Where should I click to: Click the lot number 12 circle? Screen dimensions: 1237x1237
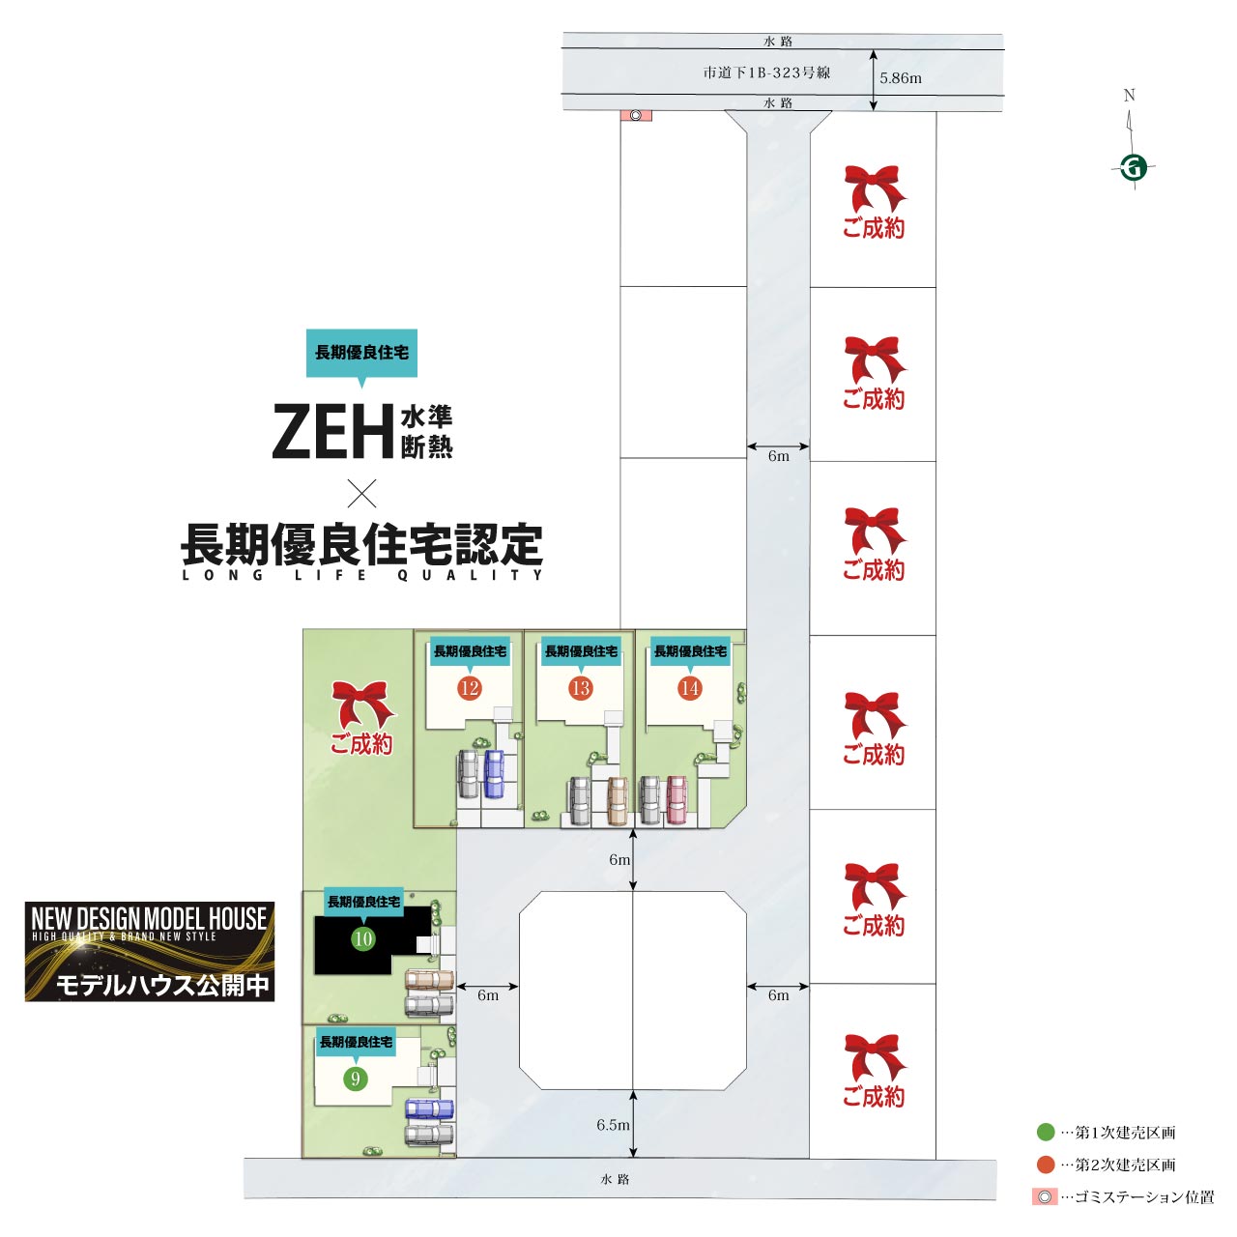point(470,688)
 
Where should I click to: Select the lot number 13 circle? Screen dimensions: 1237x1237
point(580,688)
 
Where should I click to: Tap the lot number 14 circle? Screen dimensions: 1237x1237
point(689,688)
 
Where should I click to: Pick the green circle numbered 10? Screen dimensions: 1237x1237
point(362,938)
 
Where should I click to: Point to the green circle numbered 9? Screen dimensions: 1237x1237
point(356,1079)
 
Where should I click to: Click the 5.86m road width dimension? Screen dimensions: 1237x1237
point(900,78)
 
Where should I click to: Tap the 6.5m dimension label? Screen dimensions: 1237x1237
point(613,1125)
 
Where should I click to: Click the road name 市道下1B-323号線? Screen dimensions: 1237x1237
point(766,72)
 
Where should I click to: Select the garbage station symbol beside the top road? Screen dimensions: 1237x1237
point(636,115)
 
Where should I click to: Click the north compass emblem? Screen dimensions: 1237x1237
point(1134,167)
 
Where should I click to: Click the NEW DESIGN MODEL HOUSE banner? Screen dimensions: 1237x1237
point(150,951)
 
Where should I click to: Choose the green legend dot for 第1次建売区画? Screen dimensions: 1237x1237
point(1045,1132)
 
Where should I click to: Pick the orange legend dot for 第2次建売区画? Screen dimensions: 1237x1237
point(1045,1165)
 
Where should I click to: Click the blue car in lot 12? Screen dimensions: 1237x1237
point(494,774)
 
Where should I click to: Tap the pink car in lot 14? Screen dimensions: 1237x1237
point(676,799)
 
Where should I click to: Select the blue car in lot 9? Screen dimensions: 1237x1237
point(429,1108)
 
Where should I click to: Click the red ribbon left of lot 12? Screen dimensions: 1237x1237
point(362,705)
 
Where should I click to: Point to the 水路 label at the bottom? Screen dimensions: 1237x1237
point(615,1179)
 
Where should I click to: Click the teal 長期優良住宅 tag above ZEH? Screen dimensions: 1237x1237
point(361,353)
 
